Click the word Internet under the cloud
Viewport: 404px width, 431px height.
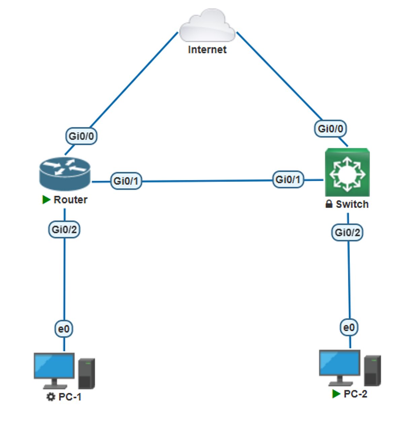[207, 49]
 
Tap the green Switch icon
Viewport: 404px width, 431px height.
[347, 172]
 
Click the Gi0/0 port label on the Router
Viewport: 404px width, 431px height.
[81, 136]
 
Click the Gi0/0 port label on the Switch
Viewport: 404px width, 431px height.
[330, 129]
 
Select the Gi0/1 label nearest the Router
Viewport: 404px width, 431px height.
[126, 181]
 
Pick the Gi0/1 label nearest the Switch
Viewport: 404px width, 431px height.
[288, 179]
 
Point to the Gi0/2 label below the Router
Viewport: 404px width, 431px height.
[64, 230]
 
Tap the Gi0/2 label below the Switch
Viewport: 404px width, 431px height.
[347, 232]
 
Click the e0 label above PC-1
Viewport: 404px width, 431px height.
[64, 328]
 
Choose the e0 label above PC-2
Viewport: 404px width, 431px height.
[349, 327]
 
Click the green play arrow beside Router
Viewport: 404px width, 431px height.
[46, 200]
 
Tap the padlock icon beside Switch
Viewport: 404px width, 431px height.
[329, 204]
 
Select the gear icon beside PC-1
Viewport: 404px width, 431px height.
[50, 397]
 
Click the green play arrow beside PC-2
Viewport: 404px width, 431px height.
[336, 394]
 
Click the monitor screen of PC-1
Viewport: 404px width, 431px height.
[54, 366]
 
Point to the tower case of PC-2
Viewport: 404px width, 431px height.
[372, 370]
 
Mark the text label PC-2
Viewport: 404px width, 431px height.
[355, 394]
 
